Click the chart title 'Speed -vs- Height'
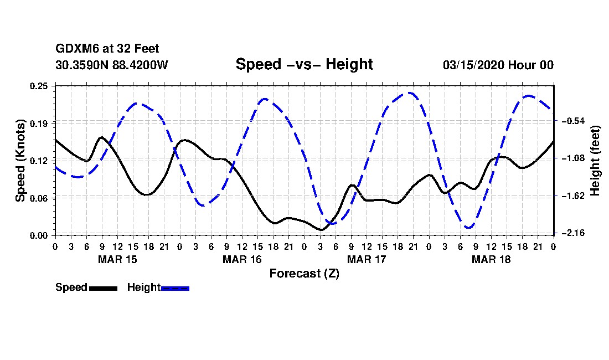pos(304,64)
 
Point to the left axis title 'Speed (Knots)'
pos(20,161)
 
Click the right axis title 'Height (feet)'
pos(595,160)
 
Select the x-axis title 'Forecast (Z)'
pos(304,273)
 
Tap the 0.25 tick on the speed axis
pos(39,85)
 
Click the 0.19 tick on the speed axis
pos(39,123)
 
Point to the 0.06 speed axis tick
pos(39,198)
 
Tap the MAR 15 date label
pos(117,259)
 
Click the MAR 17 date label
pos(367,259)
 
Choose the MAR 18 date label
pos(491,259)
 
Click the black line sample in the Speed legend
pos(103,288)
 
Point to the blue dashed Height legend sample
pos(175,288)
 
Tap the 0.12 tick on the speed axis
pos(39,161)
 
